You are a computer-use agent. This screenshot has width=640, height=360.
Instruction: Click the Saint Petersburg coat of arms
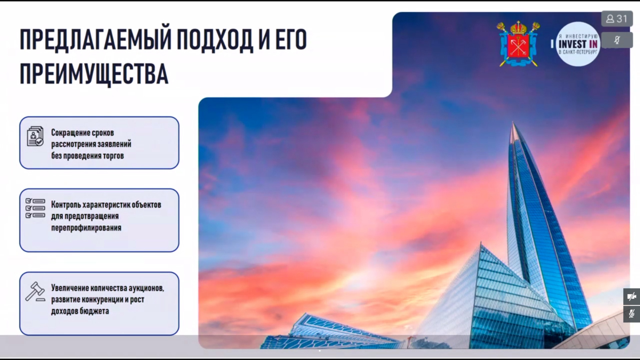518,44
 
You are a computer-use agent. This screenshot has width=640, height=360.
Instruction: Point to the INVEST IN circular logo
578,44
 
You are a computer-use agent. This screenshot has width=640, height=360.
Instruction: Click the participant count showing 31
617,19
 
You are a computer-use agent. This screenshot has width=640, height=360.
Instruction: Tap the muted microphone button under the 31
617,40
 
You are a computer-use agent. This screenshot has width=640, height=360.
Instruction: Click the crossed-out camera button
632,297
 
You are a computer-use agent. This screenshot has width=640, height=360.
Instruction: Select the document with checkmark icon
35,136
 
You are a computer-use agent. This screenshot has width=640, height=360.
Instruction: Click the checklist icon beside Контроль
35,208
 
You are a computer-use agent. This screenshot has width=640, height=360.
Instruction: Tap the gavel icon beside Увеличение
35,292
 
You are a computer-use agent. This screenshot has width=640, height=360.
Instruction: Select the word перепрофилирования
86,228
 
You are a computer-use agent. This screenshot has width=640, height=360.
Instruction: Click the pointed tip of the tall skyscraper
513,123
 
